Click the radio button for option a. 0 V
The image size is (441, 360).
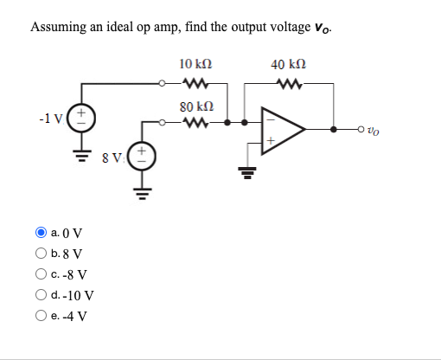point(41,232)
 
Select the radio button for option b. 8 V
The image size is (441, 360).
point(41,254)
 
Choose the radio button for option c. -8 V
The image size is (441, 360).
point(41,275)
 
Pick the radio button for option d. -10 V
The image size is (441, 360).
point(41,295)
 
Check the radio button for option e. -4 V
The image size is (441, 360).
point(41,316)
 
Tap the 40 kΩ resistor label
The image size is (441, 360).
point(288,64)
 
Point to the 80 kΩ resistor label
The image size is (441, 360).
point(196,106)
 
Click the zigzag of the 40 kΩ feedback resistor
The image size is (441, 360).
point(287,85)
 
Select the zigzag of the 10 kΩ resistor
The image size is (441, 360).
point(196,85)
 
